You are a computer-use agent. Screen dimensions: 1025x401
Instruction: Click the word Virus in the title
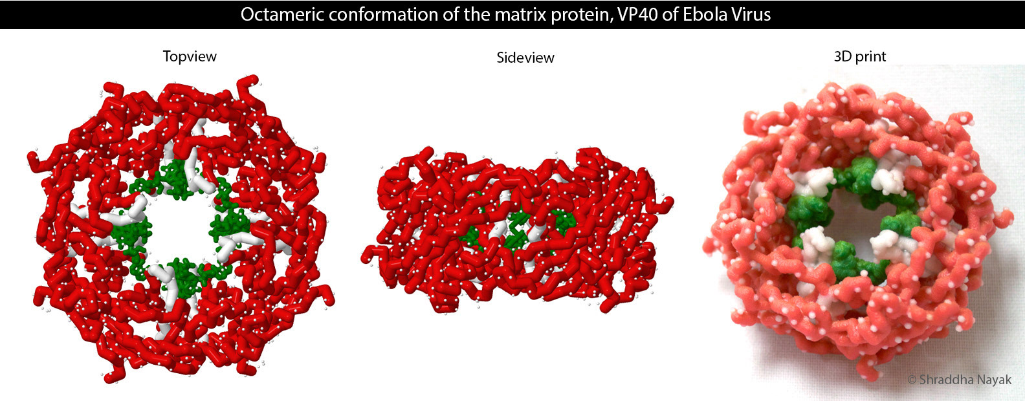(749, 15)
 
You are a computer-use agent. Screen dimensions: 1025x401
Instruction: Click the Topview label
(190, 57)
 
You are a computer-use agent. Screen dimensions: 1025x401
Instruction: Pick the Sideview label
(525, 58)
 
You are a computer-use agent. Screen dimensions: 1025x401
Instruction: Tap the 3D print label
(860, 56)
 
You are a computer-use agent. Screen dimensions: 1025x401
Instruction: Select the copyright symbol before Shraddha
(912, 380)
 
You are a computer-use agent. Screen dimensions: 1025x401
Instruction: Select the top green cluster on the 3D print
(855, 176)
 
